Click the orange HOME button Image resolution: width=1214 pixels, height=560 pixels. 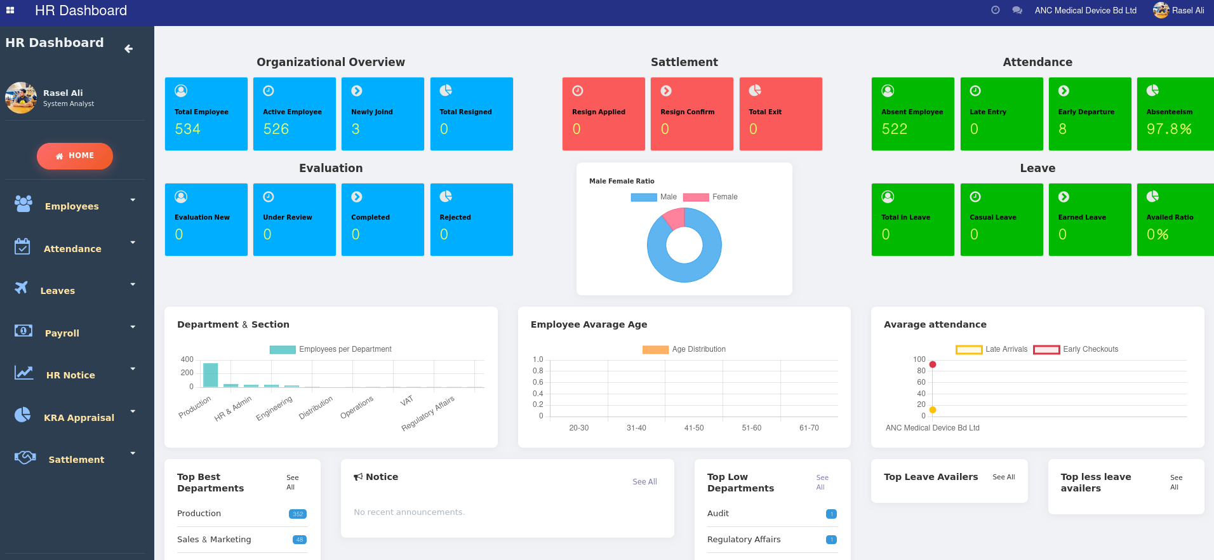[75, 156]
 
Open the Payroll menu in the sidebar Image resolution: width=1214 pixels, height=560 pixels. [62, 333]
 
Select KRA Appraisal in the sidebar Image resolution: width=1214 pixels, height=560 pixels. [79, 418]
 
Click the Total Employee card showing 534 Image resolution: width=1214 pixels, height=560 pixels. [206, 114]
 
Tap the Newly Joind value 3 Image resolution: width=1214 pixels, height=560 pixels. [356, 130]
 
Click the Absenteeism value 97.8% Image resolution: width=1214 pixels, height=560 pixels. [1168, 130]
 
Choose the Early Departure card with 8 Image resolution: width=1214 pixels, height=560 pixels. [1089, 114]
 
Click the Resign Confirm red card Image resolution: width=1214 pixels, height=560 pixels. [691, 114]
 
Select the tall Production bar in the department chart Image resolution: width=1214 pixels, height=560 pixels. [210, 375]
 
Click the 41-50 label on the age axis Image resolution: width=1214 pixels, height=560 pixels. [694, 428]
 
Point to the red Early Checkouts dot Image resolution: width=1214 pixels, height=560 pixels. [933, 364]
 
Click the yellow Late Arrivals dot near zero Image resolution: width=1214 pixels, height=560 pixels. [933, 410]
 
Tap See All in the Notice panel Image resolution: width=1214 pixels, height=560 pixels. [644, 482]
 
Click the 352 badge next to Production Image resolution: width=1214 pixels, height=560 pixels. [298, 514]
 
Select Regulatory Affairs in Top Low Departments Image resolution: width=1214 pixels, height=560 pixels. [744, 540]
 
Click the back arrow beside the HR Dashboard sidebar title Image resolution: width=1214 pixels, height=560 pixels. [129, 49]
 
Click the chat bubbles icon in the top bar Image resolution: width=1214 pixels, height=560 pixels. [1017, 10]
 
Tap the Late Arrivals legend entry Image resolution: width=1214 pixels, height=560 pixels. [992, 349]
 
